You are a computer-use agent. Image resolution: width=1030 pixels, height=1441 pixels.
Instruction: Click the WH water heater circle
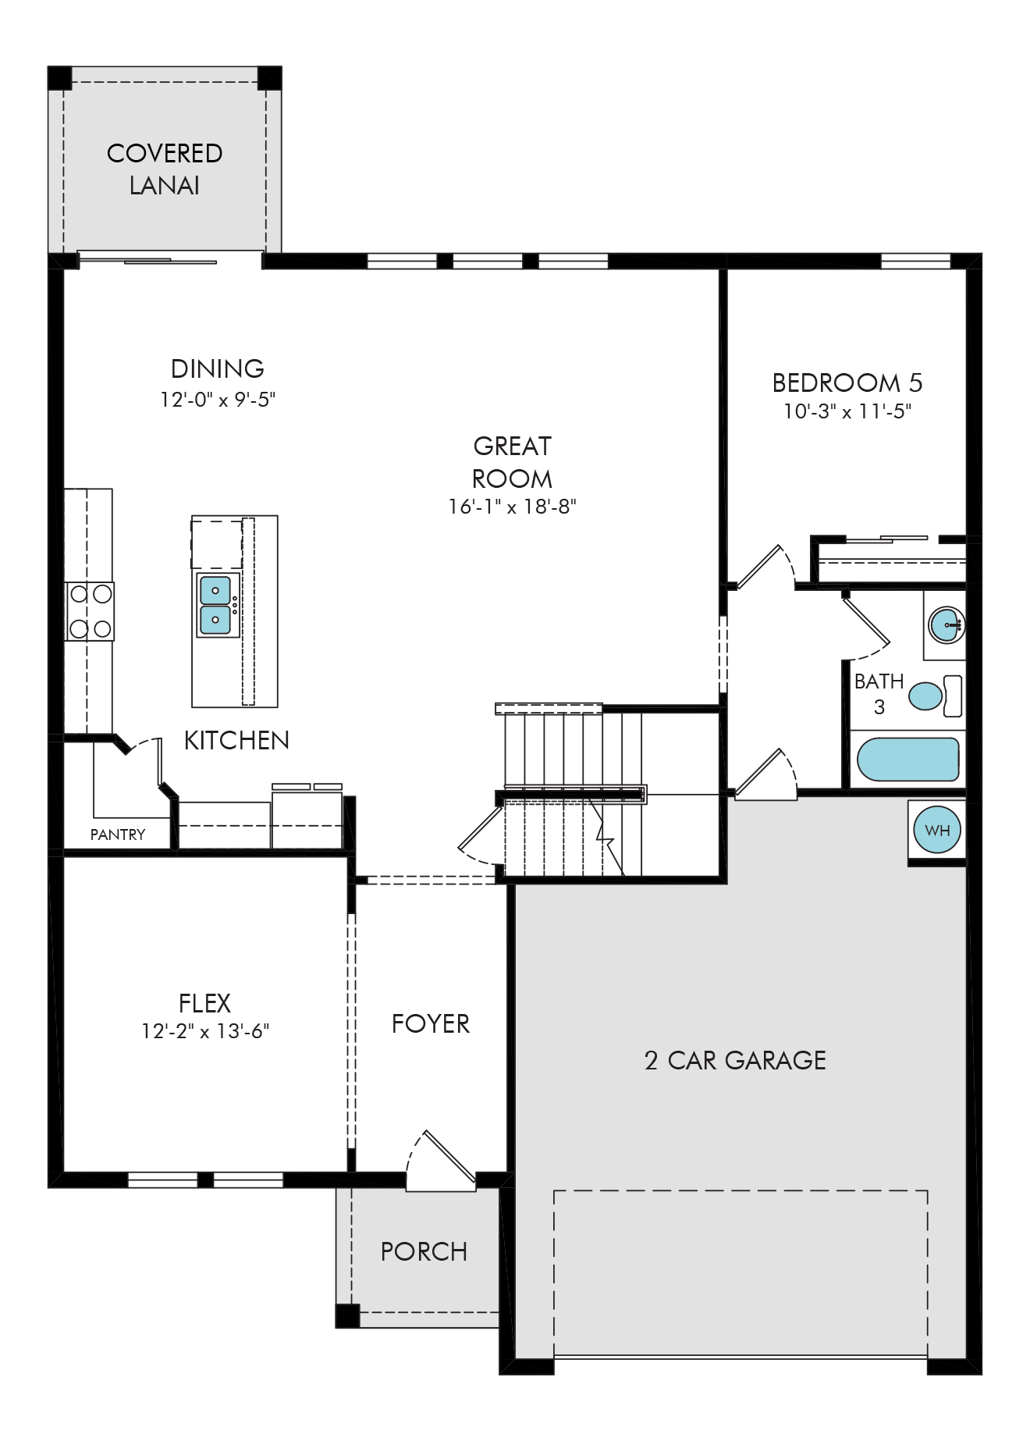point(937,830)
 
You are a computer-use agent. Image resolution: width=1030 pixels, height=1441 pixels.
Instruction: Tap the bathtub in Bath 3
point(907,760)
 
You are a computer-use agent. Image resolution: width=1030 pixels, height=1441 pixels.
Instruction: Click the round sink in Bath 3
point(947,625)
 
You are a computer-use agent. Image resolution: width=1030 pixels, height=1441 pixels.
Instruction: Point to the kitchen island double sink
point(215,606)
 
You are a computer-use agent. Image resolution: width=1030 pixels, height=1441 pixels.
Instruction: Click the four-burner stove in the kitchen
point(90,611)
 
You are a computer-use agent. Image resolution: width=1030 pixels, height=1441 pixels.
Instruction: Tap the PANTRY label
point(118,834)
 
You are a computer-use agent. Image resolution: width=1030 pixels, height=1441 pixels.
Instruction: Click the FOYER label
point(431,1023)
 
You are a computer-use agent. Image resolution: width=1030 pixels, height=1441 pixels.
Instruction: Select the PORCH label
point(424,1251)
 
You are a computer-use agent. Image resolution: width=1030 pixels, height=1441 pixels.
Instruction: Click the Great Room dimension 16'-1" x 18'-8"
point(512,507)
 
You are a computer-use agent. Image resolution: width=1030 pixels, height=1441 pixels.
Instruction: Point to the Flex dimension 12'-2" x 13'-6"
point(205,1031)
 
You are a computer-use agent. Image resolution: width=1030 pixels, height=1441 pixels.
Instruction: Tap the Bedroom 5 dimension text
point(847,411)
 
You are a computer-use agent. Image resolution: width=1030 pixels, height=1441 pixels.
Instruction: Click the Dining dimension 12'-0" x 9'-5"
point(218,400)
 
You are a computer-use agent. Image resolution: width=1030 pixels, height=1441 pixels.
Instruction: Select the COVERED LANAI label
point(165,169)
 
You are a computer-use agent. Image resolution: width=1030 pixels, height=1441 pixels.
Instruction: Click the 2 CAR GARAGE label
point(735,1060)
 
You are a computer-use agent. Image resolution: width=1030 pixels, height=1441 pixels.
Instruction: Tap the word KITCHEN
point(236,740)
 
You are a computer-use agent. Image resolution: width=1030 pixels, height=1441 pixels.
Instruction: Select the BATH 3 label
point(879,694)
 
